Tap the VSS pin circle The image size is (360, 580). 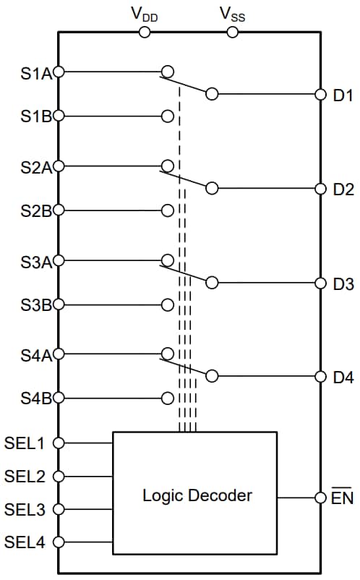(232, 32)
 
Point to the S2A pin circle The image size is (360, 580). (59, 166)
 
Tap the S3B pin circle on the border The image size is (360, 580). (59, 304)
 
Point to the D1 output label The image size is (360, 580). (343, 95)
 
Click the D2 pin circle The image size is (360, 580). (321, 189)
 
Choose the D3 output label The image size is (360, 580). (343, 283)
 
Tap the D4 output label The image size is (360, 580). (343, 378)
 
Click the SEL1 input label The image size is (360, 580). (25, 443)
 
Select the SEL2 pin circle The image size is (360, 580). (59, 477)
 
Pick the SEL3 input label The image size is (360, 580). (25, 510)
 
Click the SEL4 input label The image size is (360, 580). (25, 542)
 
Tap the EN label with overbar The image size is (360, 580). (342, 498)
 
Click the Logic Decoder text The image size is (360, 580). (197, 496)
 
